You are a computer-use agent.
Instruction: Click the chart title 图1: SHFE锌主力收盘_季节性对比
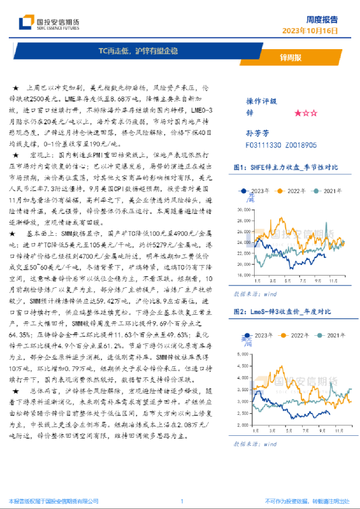286,167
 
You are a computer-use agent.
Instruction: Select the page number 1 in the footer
182,501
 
